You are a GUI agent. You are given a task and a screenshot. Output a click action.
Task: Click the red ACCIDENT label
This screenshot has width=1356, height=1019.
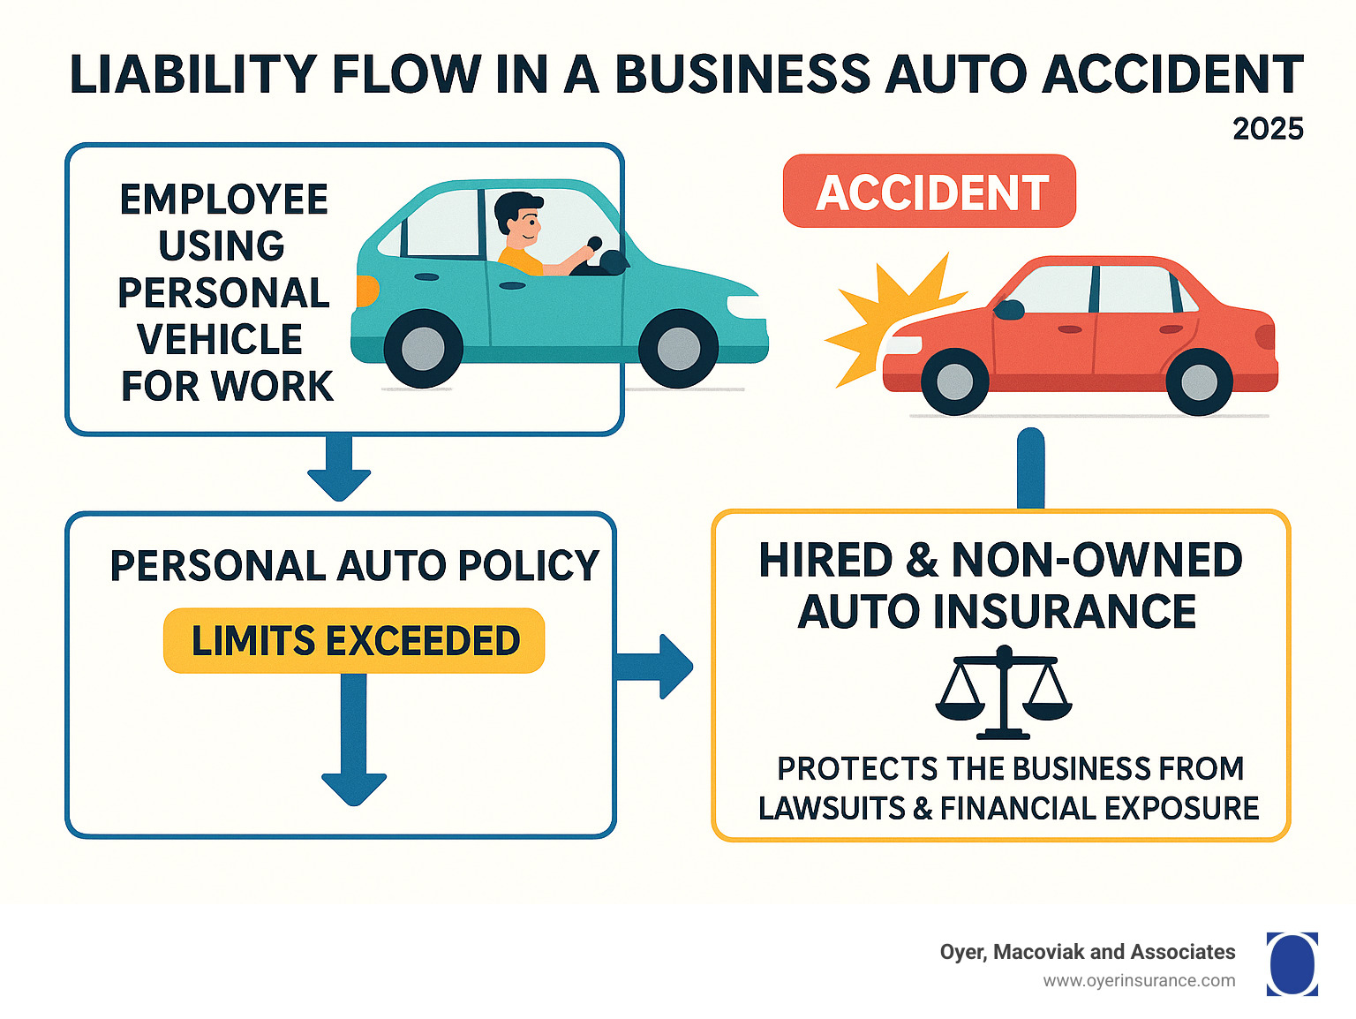pyautogui.click(x=930, y=192)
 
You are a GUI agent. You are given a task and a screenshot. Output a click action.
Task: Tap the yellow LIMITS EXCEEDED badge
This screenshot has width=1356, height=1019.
pyautogui.click(x=354, y=641)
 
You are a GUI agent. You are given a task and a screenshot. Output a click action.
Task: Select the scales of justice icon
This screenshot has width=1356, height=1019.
pyautogui.click(x=1004, y=693)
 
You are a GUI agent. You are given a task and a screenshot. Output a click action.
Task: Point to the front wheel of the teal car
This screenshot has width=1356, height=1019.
pyautogui.click(x=678, y=349)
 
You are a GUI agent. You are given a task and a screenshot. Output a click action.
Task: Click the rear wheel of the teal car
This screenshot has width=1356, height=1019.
pyautogui.click(x=424, y=349)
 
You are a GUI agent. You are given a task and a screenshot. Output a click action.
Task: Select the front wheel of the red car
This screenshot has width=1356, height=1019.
pyautogui.click(x=954, y=381)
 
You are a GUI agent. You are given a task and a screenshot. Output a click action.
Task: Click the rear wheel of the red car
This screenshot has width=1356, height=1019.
pyautogui.click(x=1198, y=381)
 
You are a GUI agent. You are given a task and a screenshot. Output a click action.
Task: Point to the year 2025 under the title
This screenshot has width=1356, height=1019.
pyautogui.click(x=1268, y=129)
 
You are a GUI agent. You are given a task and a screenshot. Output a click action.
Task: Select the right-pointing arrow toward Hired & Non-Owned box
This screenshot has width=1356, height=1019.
pyautogui.click(x=655, y=667)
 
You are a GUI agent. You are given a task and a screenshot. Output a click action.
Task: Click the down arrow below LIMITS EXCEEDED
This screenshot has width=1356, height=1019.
pyautogui.click(x=354, y=742)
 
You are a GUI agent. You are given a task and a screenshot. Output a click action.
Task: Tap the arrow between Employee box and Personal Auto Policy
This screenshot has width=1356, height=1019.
pyautogui.click(x=339, y=468)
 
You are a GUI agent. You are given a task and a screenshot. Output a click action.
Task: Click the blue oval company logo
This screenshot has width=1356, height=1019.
pyautogui.click(x=1292, y=964)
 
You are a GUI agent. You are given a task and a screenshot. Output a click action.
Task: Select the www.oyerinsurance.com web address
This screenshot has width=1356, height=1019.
pyautogui.click(x=1139, y=981)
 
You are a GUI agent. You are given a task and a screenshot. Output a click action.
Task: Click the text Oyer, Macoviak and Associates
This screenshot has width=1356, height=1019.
pyautogui.click(x=1087, y=952)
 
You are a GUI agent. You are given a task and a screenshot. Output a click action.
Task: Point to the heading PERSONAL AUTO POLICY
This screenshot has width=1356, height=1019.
pyautogui.click(x=354, y=566)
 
